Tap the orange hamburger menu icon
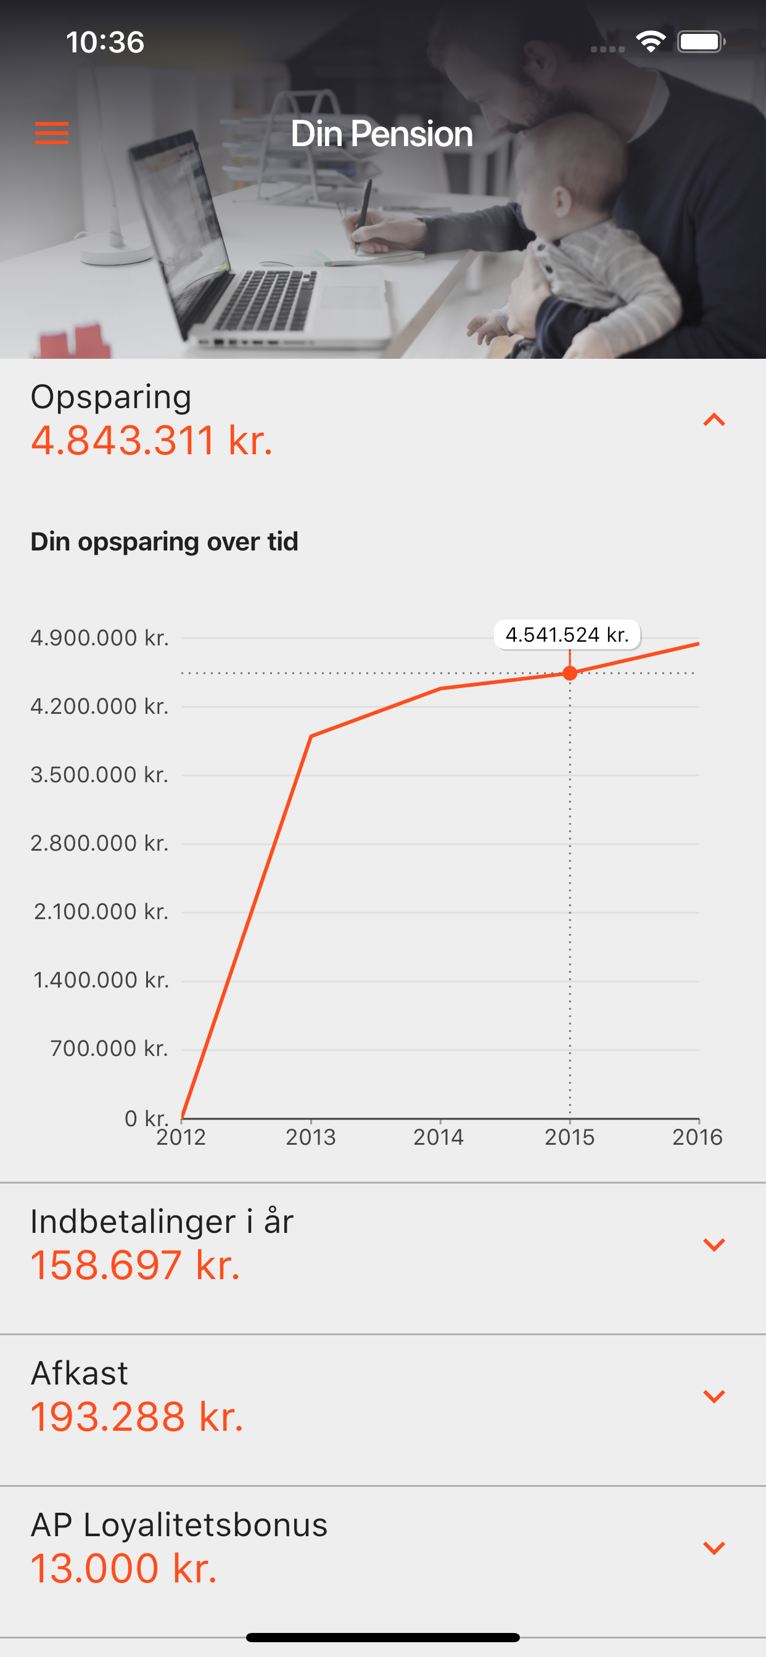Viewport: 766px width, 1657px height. click(x=51, y=133)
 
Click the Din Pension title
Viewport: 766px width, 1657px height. click(x=382, y=134)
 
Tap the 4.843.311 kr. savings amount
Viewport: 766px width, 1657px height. click(x=152, y=441)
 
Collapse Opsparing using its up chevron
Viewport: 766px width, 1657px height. click(x=714, y=420)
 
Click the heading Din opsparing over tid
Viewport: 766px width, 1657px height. click(x=164, y=542)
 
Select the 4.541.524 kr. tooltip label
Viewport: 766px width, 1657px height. click(x=567, y=635)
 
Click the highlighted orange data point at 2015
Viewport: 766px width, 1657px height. click(x=570, y=673)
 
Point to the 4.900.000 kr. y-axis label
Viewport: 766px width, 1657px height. click(x=100, y=638)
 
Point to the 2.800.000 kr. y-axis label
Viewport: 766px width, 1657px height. click(x=100, y=843)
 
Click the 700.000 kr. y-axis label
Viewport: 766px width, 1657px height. click(x=109, y=1049)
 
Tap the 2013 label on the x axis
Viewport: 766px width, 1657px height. click(x=311, y=1137)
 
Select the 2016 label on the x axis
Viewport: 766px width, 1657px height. click(x=697, y=1137)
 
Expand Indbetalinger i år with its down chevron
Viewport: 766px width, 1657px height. click(x=714, y=1245)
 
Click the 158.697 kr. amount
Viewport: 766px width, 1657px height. click(x=135, y=1266)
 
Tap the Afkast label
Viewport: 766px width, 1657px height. click(x=79, y=1373)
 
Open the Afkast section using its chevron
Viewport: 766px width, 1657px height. click(x=714, y=1396)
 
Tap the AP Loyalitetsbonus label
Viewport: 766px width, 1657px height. click(x=179, y=1524)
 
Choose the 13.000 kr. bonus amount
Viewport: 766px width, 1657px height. click(x=123, y=1568)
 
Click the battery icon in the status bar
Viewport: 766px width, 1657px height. click(x=701, y=43)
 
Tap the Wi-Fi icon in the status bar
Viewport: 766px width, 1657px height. click(x=651, y=42)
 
